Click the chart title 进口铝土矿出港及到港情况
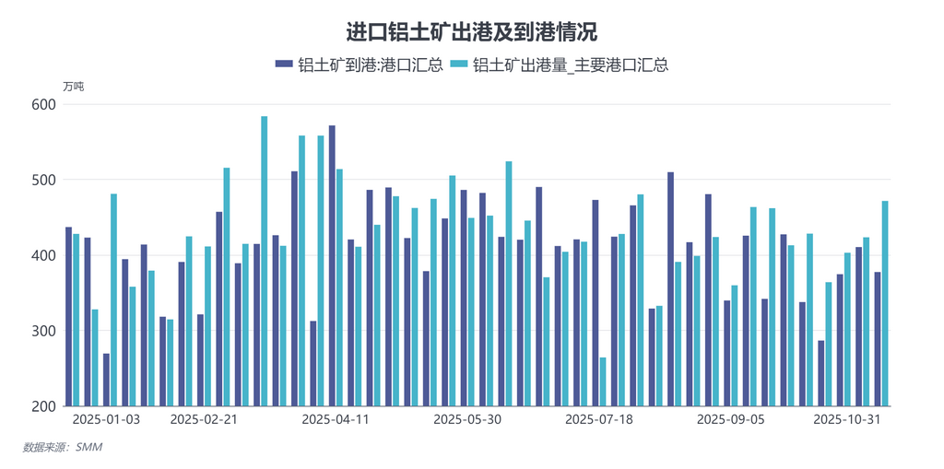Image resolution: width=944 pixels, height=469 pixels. tap(471, 32)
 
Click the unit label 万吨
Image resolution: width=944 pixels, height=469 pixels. tap(73, 87)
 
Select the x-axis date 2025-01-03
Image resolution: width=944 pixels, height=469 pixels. tap(106, 419)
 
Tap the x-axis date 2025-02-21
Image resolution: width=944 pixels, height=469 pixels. tap(205, 419)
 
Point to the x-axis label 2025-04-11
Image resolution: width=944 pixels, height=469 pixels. tap(336, 419)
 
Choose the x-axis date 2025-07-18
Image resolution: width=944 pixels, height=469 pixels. tap(598, 419)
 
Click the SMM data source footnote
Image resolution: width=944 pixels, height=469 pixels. tap(63, 448)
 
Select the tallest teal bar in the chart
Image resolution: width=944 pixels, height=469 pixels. tap(265, 261)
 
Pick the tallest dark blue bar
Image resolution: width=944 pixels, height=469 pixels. tap(332, 265)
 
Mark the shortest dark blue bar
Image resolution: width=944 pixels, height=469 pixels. tap(106, 380)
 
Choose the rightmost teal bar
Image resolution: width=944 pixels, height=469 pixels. tap(885, 303)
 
